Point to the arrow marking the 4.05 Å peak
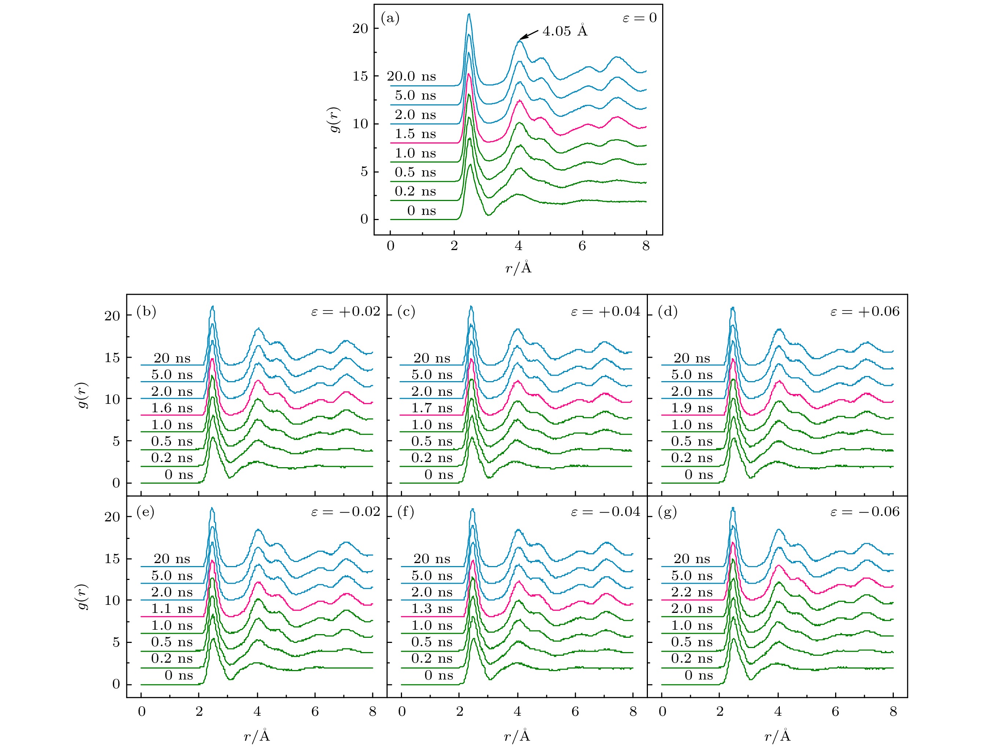(529, 36)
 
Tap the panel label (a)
(390, 18)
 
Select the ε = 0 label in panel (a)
(639, 18)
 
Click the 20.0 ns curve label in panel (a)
(411, 77)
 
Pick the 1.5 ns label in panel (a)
(415, 134)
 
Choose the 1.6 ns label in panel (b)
(172, 408)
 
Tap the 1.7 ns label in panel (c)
(432, 408)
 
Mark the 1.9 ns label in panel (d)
(692, 408)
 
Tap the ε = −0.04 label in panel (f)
(605, 512)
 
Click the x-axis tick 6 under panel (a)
(582, 246)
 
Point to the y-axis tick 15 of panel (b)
(112, 358)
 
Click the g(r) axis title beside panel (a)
(335, 120)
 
